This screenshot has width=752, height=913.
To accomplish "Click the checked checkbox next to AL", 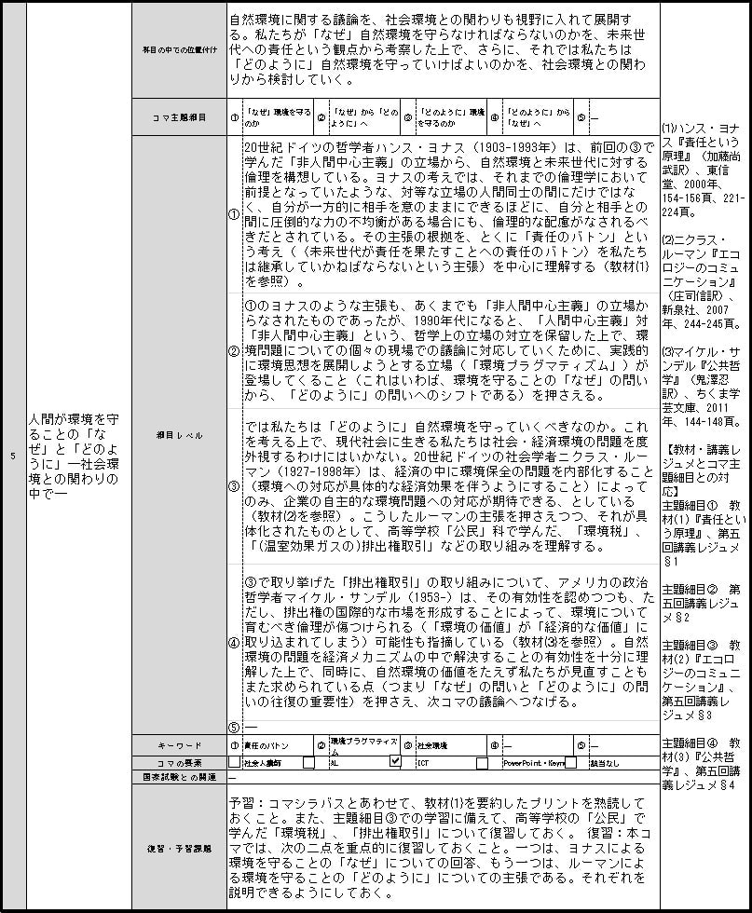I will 395,762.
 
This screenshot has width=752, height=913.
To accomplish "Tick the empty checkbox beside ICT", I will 482,762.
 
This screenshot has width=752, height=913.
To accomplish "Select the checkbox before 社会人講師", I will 234,762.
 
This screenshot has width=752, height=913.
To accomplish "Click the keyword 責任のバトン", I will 264,746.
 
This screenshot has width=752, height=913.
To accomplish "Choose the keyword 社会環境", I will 434,746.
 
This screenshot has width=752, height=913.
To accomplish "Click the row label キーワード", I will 179,746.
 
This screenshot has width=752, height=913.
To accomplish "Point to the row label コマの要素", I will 179,762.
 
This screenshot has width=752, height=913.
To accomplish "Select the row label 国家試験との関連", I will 179,776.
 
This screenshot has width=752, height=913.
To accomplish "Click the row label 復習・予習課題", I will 179,849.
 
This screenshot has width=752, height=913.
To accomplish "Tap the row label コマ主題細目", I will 179,117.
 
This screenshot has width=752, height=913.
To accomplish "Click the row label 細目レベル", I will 179,435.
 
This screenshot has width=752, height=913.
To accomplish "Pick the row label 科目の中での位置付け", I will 179,50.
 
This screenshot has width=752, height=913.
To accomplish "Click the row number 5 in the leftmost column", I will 12,456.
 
